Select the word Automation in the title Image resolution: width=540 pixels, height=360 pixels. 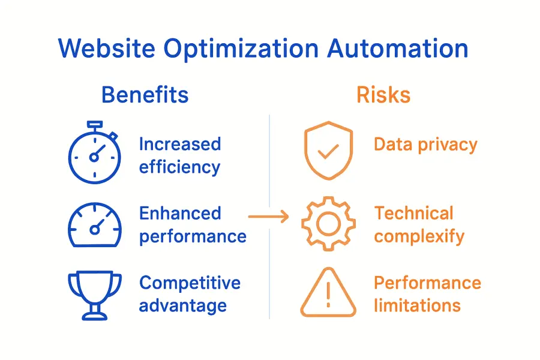click(398, 49)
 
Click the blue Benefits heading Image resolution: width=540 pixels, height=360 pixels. click(145, 95)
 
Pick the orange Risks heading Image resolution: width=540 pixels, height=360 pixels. click(383, 95)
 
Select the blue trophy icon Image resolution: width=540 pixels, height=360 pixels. click(95, 294)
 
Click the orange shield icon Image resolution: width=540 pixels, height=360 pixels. click(328, 151)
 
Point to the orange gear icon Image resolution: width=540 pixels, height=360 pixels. click(328, 224)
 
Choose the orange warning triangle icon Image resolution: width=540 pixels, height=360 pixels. click(328, 293)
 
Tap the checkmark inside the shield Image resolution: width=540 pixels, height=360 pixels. click(328, 151)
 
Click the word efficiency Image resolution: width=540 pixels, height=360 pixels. click(179, 167)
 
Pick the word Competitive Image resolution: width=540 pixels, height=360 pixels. click(190, 283)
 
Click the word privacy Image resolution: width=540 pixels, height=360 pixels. click(449, 145)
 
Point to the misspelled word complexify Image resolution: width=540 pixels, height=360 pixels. click(419, 236)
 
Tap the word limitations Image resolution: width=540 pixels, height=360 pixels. click(417, 305)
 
